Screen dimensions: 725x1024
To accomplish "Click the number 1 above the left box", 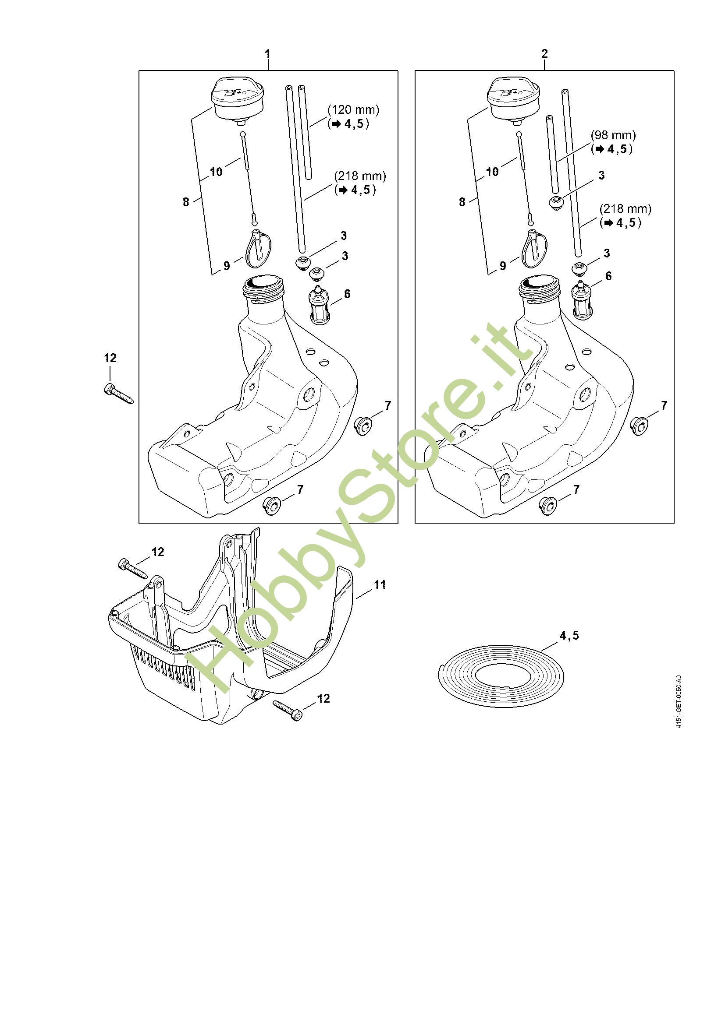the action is click(x=267, y=54).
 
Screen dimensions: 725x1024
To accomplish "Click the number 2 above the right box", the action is click(x=544, y=54).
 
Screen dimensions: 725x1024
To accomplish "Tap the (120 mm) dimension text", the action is click(x=353, y=110).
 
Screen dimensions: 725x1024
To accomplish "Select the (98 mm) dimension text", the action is click(x=613, y=135).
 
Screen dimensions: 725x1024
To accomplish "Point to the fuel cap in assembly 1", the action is click(x=237, y=100).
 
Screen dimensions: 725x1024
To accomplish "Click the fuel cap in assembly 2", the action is click(x=514, y=100).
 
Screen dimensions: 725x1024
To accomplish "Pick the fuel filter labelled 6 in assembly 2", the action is click(x=582, y=301).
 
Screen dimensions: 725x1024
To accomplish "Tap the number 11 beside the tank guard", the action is click(x=380, y=584).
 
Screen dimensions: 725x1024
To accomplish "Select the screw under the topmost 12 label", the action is click(x=118, y=394).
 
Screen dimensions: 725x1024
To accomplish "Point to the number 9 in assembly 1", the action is click(x=227, y=266).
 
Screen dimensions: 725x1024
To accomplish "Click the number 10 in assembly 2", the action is click(x=492, y=172).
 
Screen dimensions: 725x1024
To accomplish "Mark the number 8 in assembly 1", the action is click(x=186, y=202).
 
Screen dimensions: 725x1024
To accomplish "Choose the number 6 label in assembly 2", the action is click(x=608, y=276).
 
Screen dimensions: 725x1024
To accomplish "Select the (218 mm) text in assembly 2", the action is click(x=625, y=209).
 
